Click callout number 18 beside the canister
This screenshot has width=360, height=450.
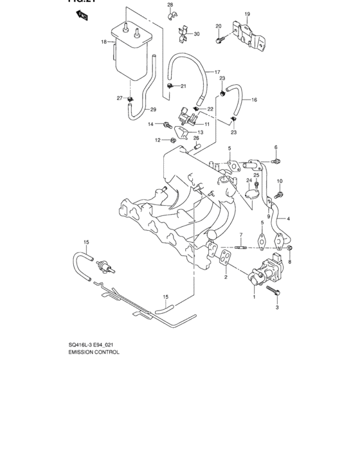click(103, 42)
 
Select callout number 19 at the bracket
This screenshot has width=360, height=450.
click(246, 14)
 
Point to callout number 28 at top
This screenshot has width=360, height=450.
click(170, 5)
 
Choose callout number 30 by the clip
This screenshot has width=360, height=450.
click(197, 34)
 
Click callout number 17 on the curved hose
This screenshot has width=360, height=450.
click(217, 71)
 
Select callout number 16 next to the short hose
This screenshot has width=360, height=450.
click(254, 100)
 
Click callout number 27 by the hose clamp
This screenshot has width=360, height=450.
click(120, 98)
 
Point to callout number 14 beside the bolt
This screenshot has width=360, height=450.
click(151, 124)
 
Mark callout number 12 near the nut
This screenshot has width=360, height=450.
click(156, 140)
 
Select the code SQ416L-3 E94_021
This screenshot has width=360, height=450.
click(96, 344)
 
